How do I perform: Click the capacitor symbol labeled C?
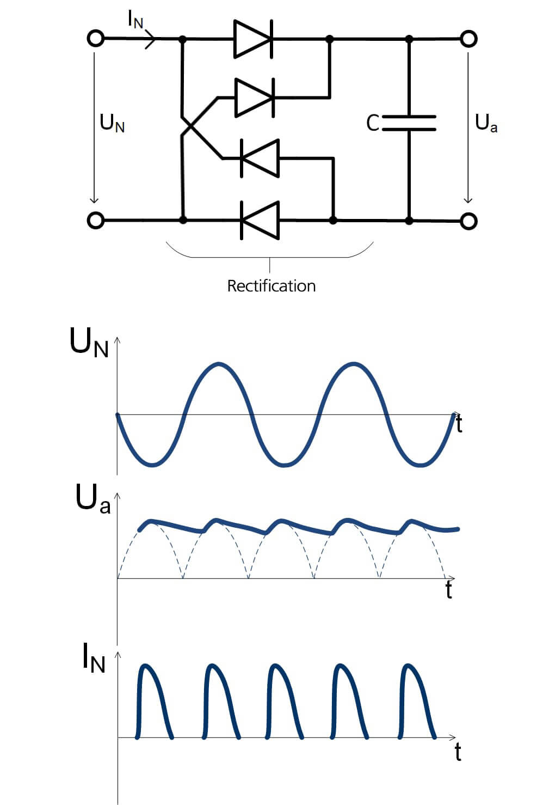click(409, 123)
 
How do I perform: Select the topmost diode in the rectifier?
click(253, 39)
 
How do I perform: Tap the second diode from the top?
click(255, 97)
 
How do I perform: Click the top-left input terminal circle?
click(96, 39)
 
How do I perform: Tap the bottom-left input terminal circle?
click(96, 220)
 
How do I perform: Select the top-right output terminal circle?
click(468, 39)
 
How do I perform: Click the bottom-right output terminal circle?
click(468, 221)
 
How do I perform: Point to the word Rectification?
click(271, 286)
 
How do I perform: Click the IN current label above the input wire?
click(135, 20)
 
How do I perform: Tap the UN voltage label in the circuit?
click(112, 123)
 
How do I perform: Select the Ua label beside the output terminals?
click(486, 123)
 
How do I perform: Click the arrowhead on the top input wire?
click(151, 39)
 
